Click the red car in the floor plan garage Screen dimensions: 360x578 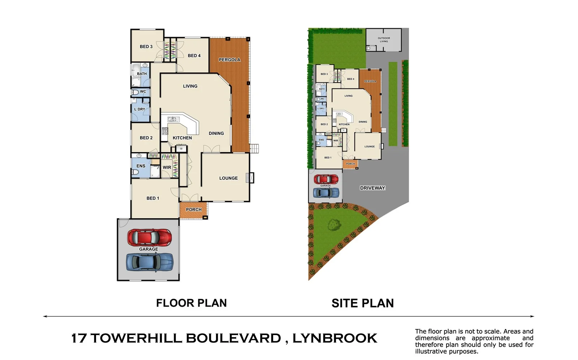tap(149, 237)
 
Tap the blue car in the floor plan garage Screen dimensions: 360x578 tap(149, 262)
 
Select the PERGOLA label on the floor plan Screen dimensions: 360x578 tap(229, 60)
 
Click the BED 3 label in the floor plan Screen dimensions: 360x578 tap(146, 47)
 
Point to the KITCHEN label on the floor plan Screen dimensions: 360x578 tap(182, 138)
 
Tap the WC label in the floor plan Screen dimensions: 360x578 tap(143, 91)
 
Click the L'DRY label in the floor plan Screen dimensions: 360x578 tap(140, 109)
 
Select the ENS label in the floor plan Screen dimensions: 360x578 tap(141, 166)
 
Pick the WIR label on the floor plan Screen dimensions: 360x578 tap(167, 167)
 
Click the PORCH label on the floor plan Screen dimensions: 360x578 tap(194, 209)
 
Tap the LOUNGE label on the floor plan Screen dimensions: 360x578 tap(228, 178)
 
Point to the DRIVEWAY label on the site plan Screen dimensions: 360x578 tap(372, 188)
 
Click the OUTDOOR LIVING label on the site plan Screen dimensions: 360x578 tap(384, 40)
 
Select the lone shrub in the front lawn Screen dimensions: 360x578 tap(335, 225)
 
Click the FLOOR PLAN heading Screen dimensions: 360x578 tap(191, 303)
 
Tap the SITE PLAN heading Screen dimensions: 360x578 tap(363, 303)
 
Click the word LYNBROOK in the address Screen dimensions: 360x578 tap(335, 338)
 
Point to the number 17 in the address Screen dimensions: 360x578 tap(79, 338)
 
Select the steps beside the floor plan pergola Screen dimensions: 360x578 tap(254, 148)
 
